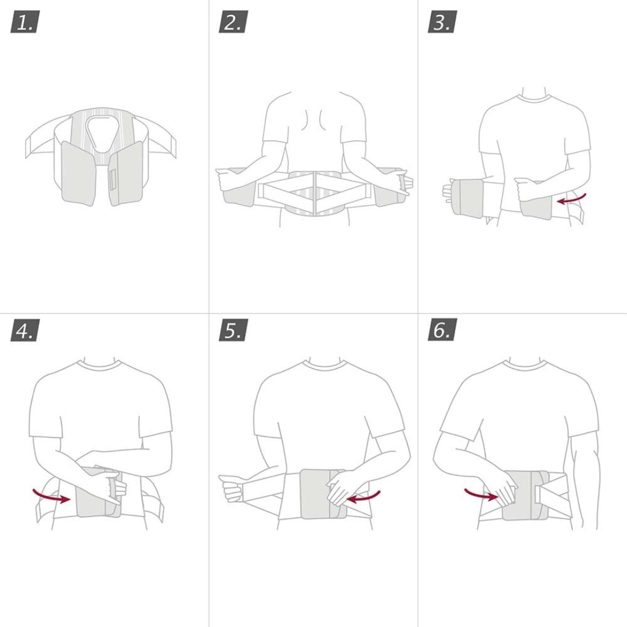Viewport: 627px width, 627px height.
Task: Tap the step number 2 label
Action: [233, 23]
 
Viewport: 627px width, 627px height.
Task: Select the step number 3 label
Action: [442, 23]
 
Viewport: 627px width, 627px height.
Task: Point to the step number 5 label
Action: [233, 330]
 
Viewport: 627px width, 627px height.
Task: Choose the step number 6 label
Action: [442, 330]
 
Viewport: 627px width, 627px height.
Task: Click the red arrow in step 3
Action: [572, 199]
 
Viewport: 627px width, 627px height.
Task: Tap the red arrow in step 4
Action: [51, 495]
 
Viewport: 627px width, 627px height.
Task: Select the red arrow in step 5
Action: [363, 496]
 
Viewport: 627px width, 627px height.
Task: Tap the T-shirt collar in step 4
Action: [99, 365]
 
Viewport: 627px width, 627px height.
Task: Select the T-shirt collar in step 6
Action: [525, 365]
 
